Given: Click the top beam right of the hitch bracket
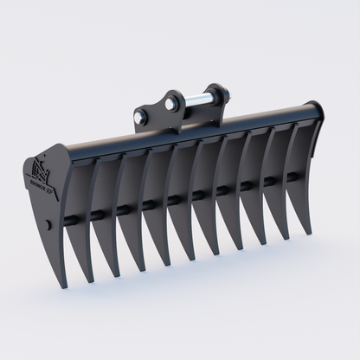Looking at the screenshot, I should tap(260, 119).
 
